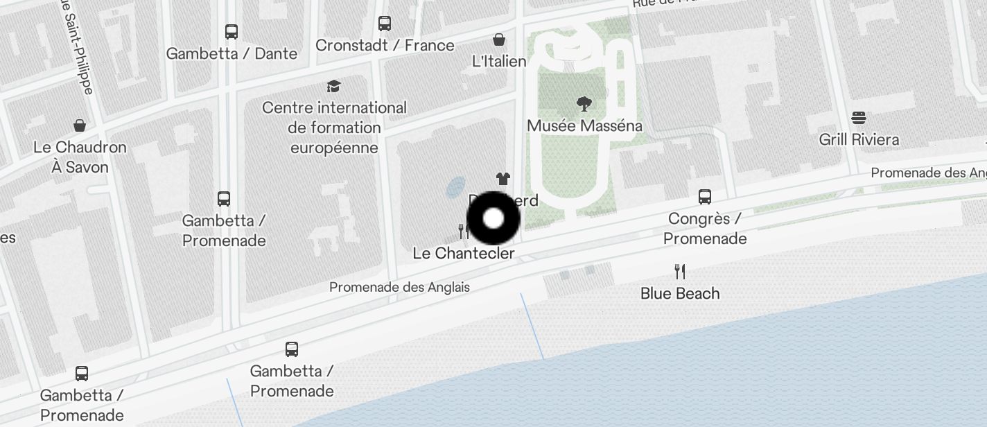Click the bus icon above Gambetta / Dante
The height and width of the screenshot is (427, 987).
point(232,32)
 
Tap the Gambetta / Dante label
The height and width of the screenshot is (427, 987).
point(232,53)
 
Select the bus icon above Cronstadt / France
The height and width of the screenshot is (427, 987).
point(385,24)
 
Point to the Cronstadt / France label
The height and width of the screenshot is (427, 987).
point(385,45)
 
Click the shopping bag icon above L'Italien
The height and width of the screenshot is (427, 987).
point(499,40)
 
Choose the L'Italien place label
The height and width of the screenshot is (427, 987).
point(499,61)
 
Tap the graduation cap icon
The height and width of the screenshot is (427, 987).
point(334,86)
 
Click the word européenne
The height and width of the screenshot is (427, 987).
point(334,148)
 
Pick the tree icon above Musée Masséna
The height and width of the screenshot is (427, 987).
point(584,105)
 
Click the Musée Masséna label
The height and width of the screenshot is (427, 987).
point(584,125)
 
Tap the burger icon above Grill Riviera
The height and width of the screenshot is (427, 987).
point(859,117)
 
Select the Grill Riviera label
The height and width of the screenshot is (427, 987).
point(859,139)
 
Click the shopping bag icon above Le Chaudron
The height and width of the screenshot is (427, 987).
point(80,125)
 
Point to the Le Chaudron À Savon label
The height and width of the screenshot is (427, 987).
point(80,157)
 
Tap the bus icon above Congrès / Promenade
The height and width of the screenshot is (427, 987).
point(705,197)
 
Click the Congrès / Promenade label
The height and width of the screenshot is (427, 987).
point(705,229)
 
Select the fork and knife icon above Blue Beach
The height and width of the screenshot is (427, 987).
point(680,271)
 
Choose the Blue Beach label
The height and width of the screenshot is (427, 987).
point(680,293)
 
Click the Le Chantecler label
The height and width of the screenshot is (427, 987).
point(464,253)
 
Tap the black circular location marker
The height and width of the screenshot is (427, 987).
point(493,218)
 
